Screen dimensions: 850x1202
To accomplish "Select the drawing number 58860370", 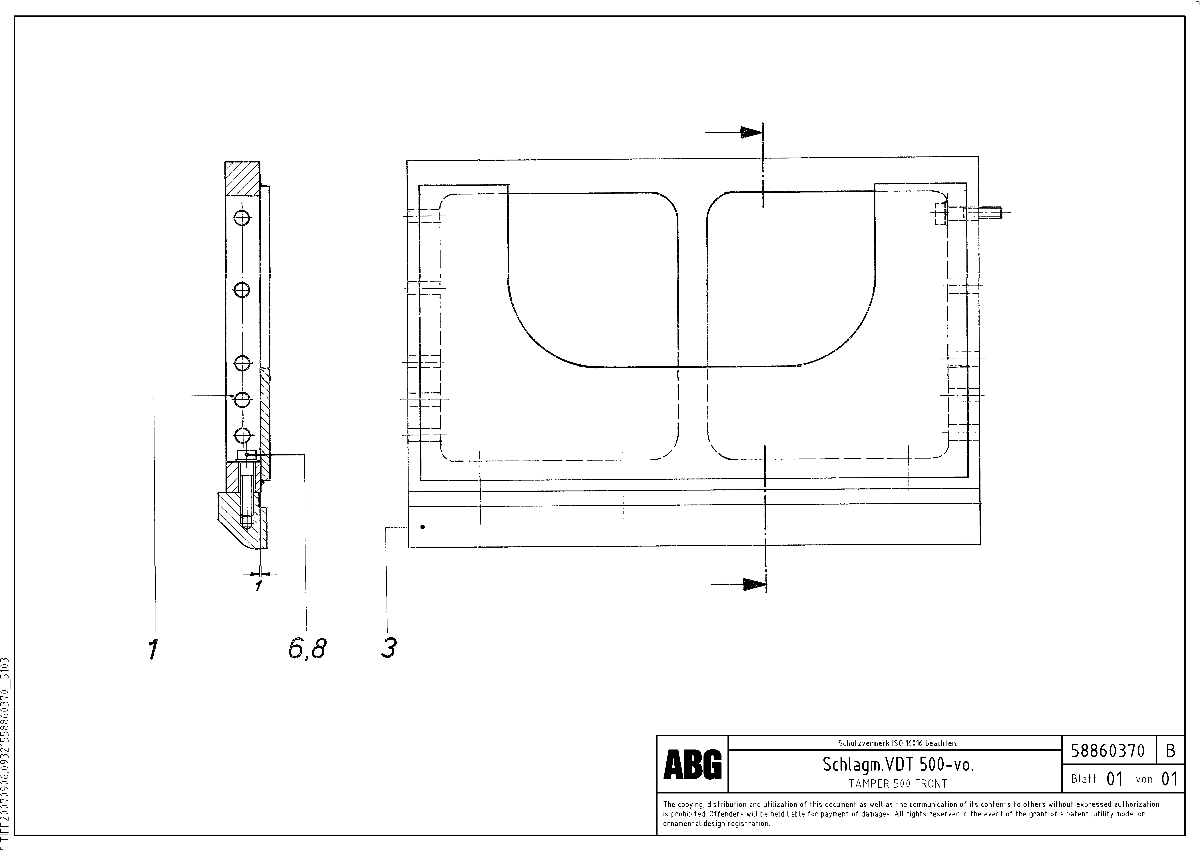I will pyautogui.click(x=1108, y=751).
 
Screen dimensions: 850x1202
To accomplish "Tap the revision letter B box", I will pyautogui.click(x=1171, y=751).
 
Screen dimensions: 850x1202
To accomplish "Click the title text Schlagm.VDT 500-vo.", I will pyautogui.click(x=898, y=765).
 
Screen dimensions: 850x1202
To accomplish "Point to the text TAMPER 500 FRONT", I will pyautogui.click(x=898, y=783).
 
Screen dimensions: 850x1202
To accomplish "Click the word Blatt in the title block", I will pyautogui.click(x=1084, y=779).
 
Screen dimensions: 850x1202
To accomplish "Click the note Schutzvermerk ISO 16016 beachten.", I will pyautogui.click(x=898, y=743).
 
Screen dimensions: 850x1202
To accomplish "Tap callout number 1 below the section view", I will pyautogui.click(x=153, y=649).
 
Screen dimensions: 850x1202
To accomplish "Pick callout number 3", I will pyautogui.click(x=388, y=648).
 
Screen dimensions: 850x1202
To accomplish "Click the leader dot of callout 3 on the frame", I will pyautogui.click(x=423, y=527).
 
